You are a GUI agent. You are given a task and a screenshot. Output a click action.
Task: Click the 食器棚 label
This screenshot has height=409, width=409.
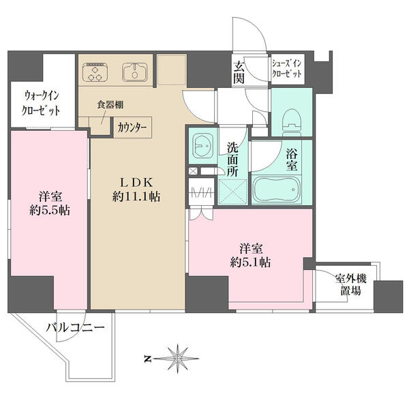pyautogui.click(x=109, y=105)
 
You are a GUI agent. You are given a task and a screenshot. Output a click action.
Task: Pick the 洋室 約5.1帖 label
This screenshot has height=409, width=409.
pyautogui.click(x=250, y=254)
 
